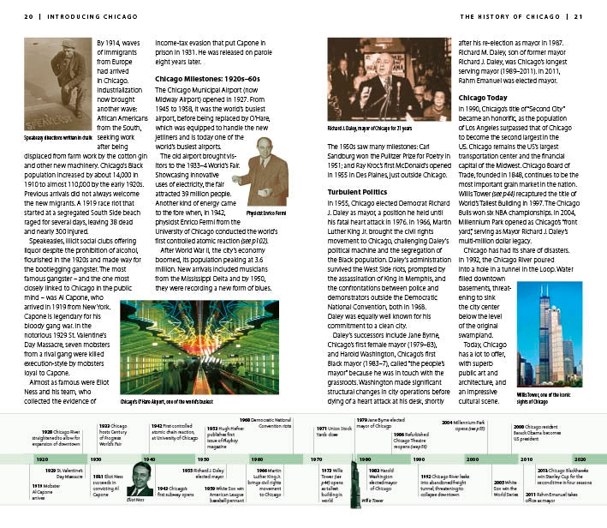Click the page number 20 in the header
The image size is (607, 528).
pyautogui.click(x=28, y=15)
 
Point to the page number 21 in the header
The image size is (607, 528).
pyautogui.click(x=578, y=15)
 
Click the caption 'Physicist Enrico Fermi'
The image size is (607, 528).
pyautogui.click(x=265, y=210)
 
